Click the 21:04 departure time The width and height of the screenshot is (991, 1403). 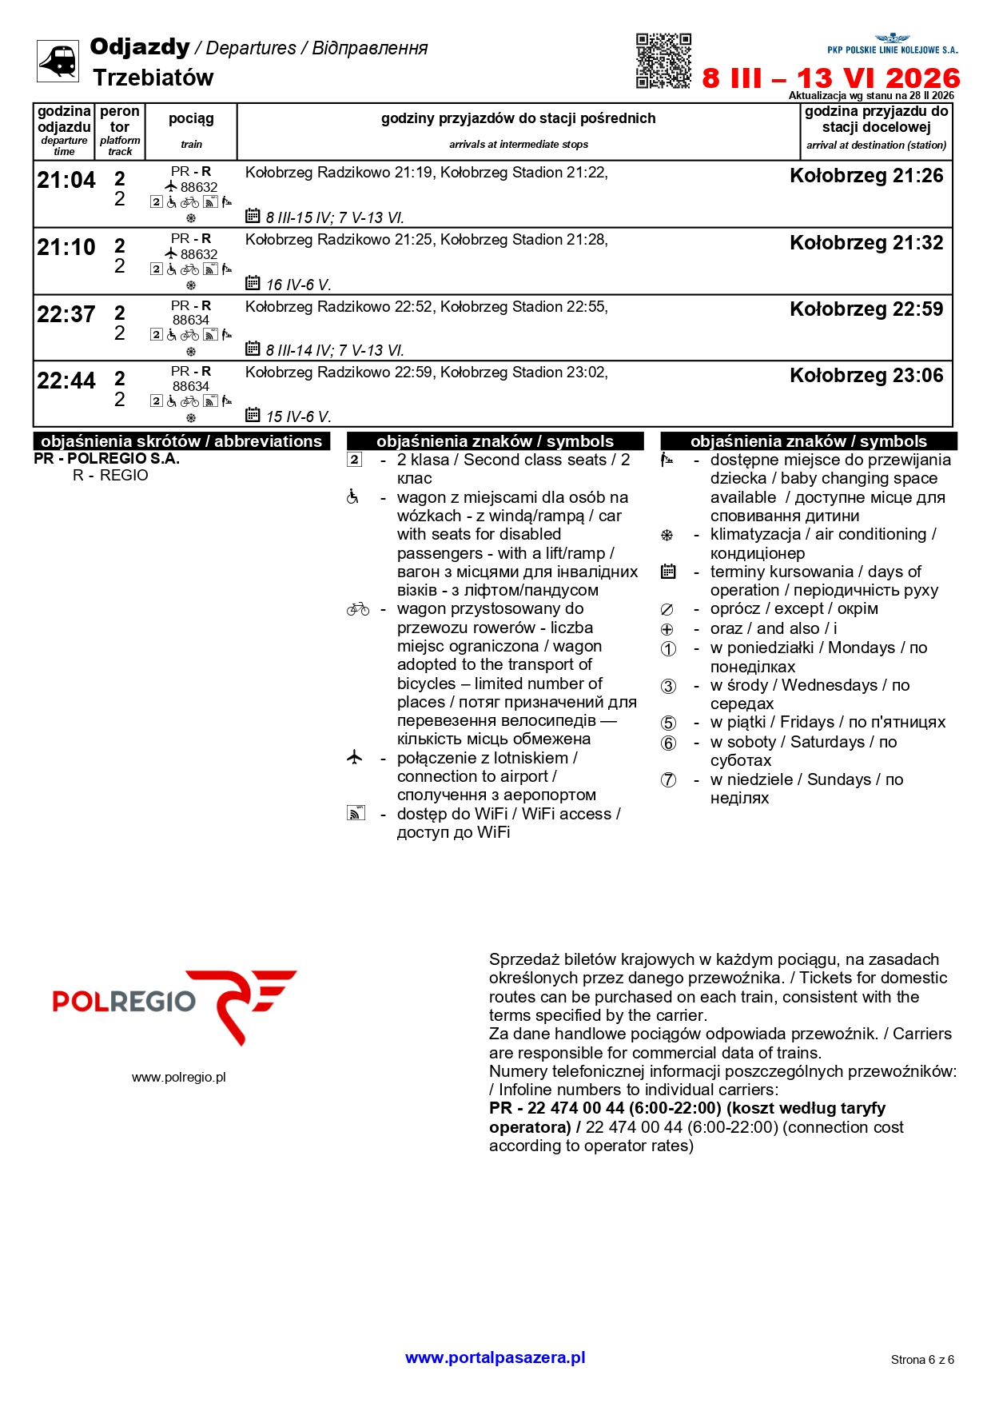tap(66, 181)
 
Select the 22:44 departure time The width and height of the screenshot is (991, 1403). tap(66, 381)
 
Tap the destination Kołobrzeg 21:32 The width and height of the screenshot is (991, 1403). tap(866, 243)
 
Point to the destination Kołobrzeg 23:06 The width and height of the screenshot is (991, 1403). tap(866, 376)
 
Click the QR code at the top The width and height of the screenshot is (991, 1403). tap(663, 61)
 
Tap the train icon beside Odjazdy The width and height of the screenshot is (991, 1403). tap(58, 61)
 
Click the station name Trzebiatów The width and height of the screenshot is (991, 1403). tap(153, 78)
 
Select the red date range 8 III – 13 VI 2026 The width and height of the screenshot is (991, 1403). tap(831, 78)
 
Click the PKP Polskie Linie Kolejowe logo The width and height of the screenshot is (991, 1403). tap(892, 45)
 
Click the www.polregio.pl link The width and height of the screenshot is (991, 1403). tap(179, 1078)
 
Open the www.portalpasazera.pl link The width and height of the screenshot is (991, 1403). tap(495, 1357)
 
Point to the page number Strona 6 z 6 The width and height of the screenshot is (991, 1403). tap(922, 1360)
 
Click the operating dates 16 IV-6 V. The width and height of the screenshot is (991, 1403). tap(298, 285)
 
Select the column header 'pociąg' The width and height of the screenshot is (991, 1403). tap(191, 119)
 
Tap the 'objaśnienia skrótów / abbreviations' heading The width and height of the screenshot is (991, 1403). tap(181, 441)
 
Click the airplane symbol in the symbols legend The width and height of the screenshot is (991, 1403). tap(355, 757)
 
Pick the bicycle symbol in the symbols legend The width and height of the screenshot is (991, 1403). tap(357, 610)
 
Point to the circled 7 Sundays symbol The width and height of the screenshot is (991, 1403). tap(668, 780)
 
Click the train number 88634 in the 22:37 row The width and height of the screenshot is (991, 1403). tap(191, 321)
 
